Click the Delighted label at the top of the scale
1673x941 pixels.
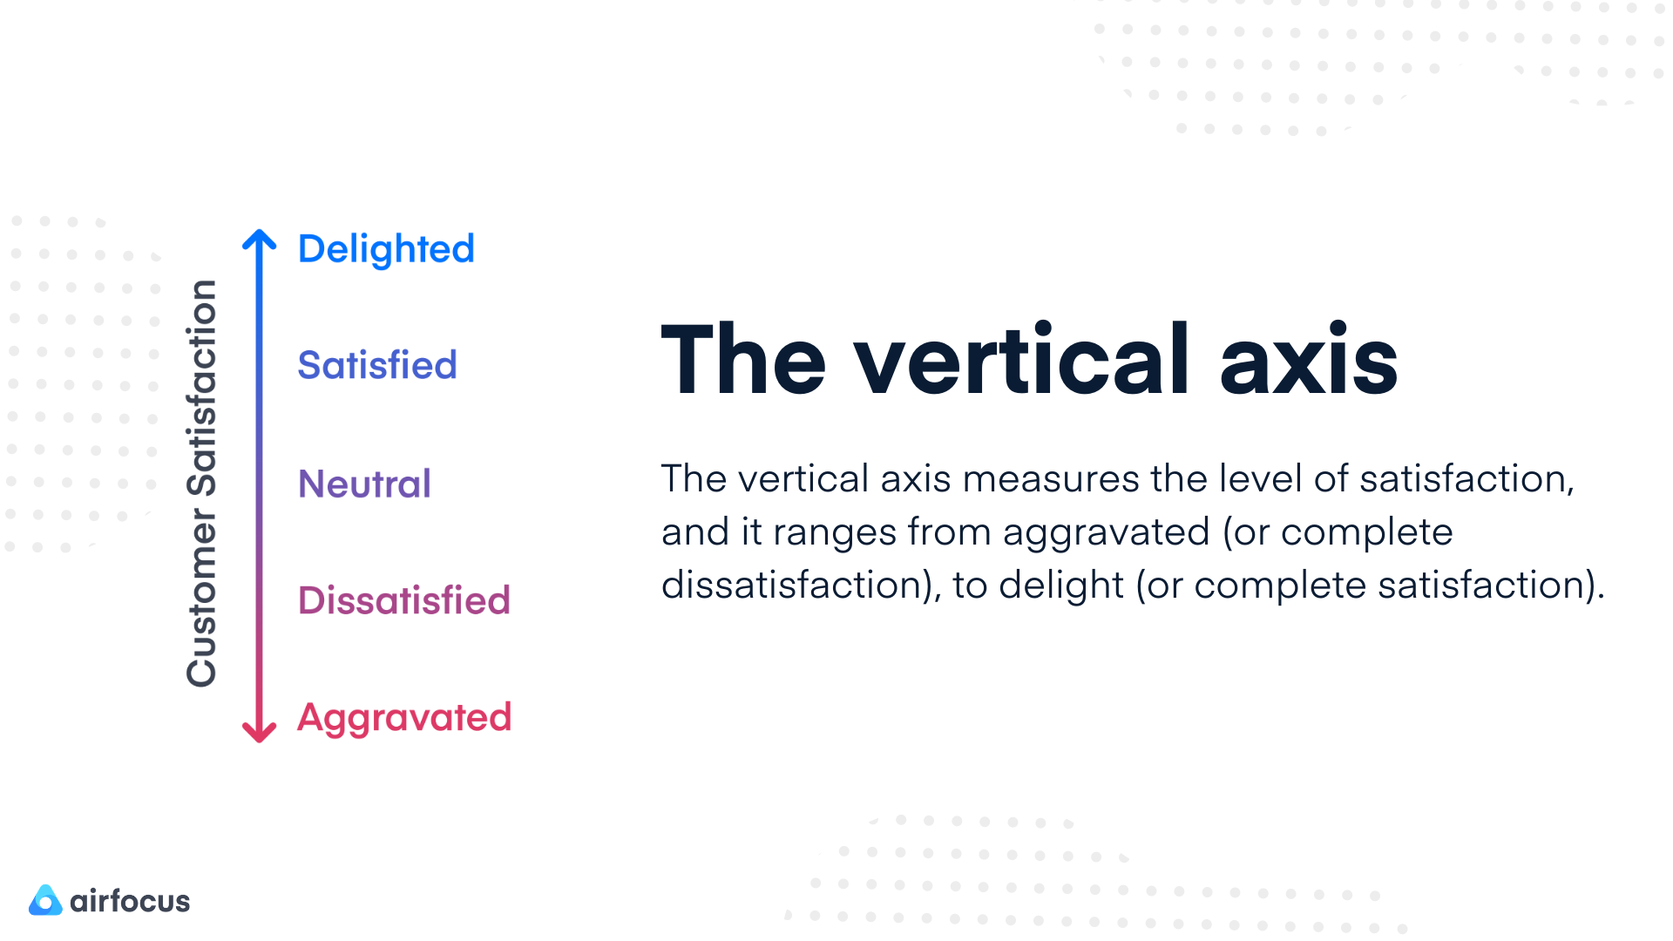(x=386, y=249)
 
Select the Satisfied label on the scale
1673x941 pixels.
(x=376, y=365)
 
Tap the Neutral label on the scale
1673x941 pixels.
(x=364, y=484)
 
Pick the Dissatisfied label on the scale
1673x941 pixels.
(x=403, y=600)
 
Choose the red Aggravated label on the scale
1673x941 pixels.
(x=404, y=718)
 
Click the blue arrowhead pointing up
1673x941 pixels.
(x=259, y=240)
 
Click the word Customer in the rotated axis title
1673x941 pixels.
(x=201, y=599)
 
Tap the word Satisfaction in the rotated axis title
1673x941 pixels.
(x=201, y=389)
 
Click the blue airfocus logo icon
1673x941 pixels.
(x=45, y=901)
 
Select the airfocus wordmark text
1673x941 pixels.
(x=130, y=901)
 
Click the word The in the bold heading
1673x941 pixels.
(x=743, y=360)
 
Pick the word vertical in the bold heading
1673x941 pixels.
(x=1021, y=360)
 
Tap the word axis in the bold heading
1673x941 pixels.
(x=1309, y=360)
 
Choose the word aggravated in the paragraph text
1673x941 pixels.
(x=1106, y=532)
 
